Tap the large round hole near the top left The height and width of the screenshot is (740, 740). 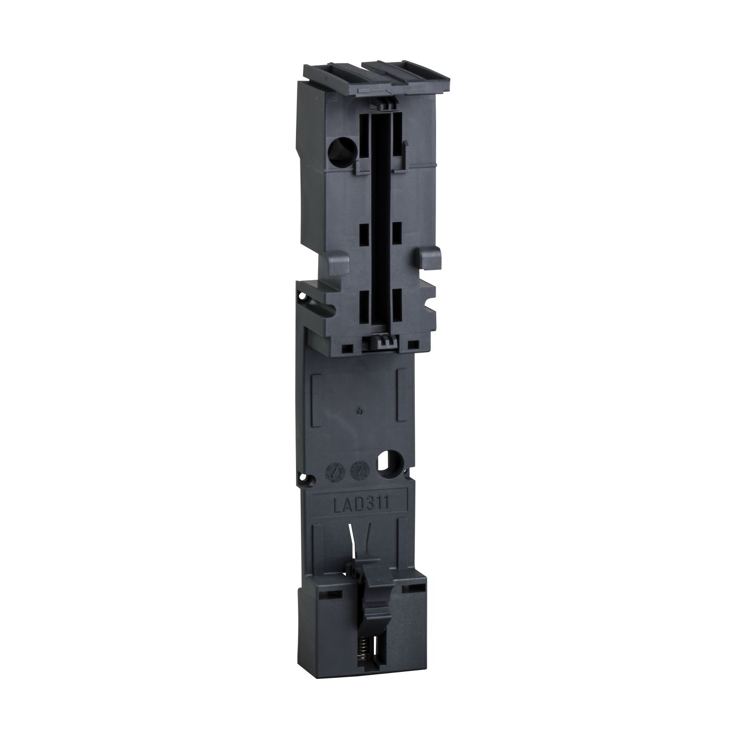[x=340, y=147]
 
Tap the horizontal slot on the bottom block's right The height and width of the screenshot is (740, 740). [x=409, y=589]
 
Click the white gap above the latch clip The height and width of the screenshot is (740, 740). [x=364, y=552]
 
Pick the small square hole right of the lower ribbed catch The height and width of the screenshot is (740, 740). [x=410, y=344]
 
